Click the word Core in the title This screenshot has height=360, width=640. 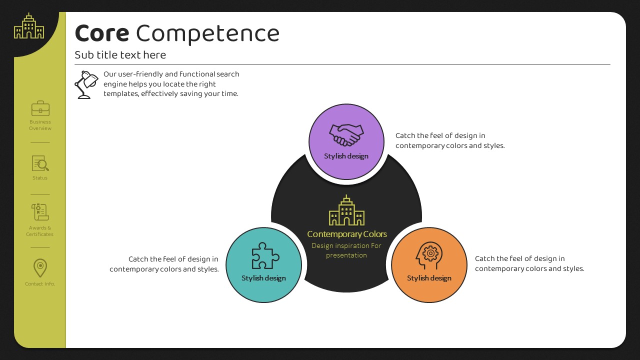pos(102,33)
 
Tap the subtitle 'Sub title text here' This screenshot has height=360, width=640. pos(120,55)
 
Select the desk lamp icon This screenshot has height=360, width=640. pos(86,85)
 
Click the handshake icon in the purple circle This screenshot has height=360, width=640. pos(346,135)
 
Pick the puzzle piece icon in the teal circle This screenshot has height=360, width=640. pos(265,255)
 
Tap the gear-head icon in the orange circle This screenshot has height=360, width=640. pos(429,255)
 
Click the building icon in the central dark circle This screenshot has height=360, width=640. pos(346,210)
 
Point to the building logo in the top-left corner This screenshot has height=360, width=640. pos(29,25)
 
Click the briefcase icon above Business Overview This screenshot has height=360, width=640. pos(40,108)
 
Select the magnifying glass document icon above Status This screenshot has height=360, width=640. pos(40,163)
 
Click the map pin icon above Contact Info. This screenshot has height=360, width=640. pos(40,268)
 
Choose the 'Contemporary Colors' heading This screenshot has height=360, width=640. pos(347,234)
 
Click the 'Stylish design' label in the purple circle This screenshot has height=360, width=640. pos(346,156)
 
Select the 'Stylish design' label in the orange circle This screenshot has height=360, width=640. pos(429,278)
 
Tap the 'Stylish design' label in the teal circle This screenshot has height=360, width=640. pos(263,278)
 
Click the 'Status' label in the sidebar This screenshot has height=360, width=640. pos(40,177)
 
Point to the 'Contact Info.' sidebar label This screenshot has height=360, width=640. pos(40,283)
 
